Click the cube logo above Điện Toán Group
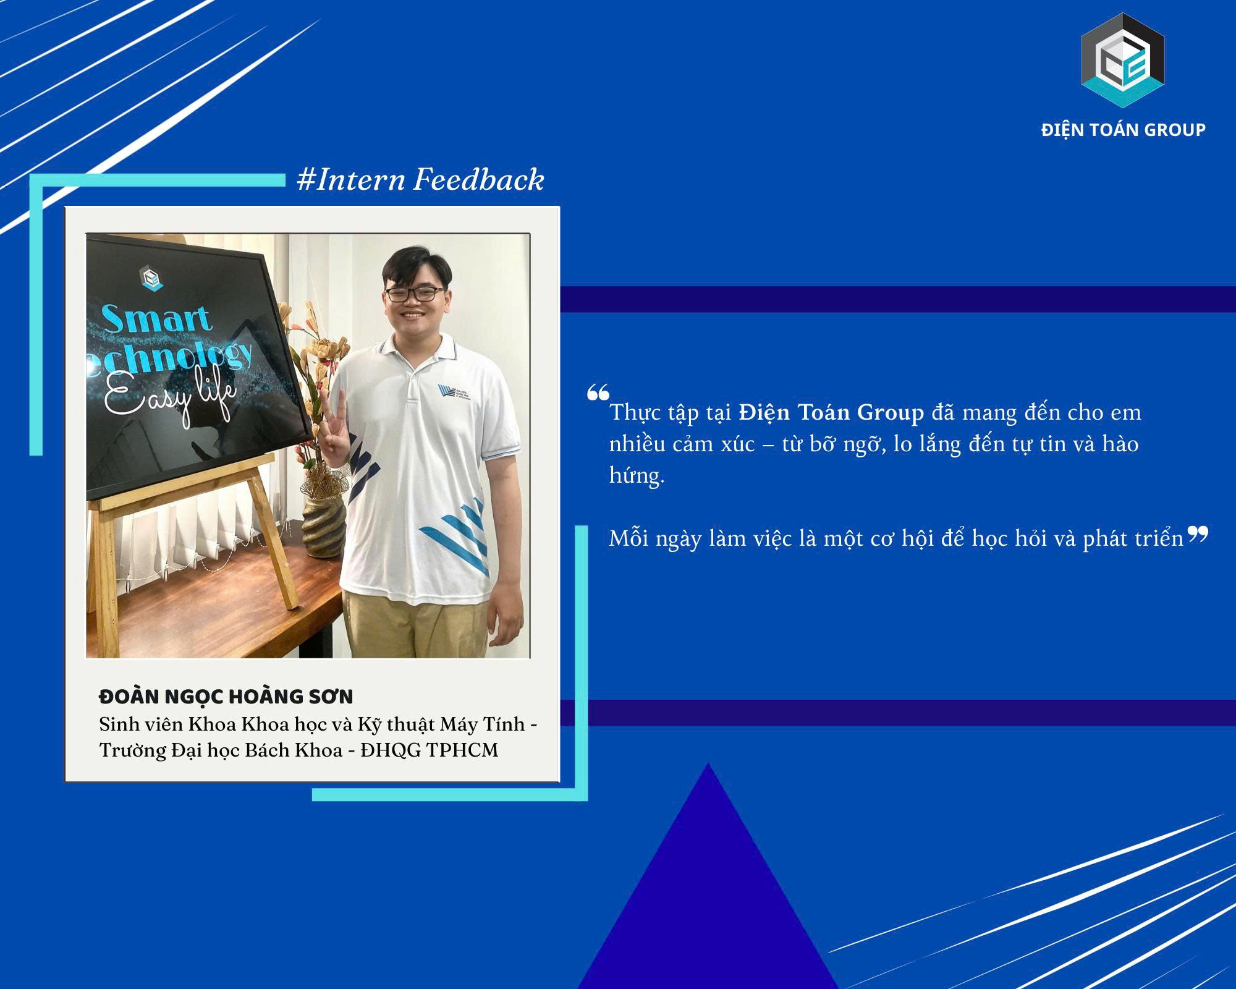point(1122,61)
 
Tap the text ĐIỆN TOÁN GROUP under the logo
point(1123,130)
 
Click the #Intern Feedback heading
point(420,180)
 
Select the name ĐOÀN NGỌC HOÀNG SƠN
point(226,697)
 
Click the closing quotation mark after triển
point(1197,534)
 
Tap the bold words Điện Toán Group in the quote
point(831,412)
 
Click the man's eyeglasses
point(415,294)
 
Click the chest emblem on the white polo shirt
point(451,393)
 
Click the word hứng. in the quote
point(637,476)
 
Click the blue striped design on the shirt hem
point(455,533)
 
